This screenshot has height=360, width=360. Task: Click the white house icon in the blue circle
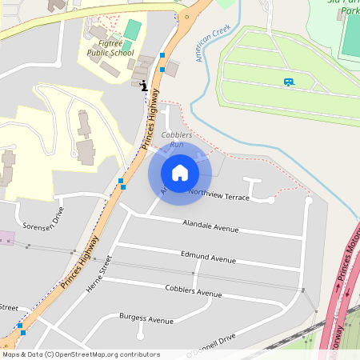179,172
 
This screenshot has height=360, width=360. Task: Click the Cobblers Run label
177,139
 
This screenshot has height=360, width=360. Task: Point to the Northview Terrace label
218,194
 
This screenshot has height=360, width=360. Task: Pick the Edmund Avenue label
208,258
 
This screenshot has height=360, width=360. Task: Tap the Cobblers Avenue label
193,290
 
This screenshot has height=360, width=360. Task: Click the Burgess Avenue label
146,319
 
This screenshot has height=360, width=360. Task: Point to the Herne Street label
98,276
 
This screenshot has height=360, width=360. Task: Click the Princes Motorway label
346,276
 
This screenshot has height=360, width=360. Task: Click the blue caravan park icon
288,82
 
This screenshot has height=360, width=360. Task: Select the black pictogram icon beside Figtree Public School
143,86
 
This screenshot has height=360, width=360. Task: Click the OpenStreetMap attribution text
81,354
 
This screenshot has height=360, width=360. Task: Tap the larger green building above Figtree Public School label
133,30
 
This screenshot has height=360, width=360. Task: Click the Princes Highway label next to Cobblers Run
150,119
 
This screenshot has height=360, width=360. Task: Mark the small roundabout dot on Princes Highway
186,14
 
